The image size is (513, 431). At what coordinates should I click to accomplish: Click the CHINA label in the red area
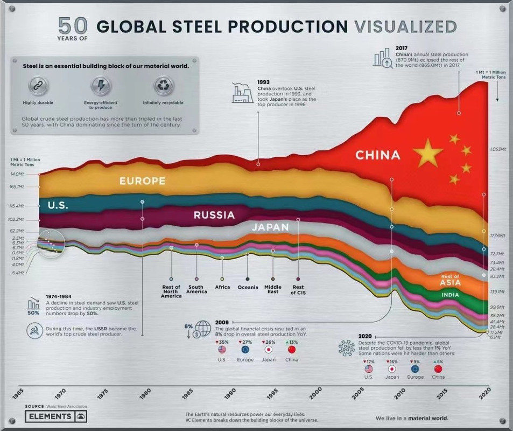tap(377, 155)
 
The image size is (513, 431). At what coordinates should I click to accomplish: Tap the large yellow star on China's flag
tap(428, 152)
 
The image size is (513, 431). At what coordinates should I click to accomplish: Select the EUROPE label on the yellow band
tap(142, 181)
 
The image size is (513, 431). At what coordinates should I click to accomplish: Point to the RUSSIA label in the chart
tap(214, 215)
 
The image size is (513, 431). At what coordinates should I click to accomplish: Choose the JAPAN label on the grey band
tap(270, 227)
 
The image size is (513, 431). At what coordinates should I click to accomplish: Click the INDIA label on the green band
tap(450, 295)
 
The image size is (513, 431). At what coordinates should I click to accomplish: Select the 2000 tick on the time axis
tap(315, 393)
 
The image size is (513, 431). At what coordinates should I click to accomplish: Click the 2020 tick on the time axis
tap(485, 393)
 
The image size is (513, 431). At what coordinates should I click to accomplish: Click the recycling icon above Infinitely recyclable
tap(163, 85)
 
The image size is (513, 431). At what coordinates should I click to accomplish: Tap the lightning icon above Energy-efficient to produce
tap(101, 85)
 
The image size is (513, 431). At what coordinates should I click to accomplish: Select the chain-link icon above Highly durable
tap(38, 85)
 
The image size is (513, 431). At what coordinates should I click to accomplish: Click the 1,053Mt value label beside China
tap(498, 149)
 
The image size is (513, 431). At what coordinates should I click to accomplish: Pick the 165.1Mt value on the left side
tap(17, 187)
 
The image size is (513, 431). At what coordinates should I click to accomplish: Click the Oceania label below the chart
tap(248, 287)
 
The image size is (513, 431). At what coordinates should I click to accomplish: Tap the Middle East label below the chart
tap(273, 290)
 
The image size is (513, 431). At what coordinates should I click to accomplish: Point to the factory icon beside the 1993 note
tap(242, 93)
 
